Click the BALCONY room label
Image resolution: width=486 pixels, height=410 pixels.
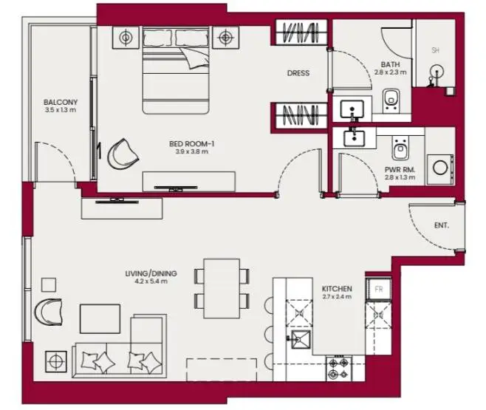click(x=61, y=102)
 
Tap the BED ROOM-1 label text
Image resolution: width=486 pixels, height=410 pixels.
click(x=192, y=144)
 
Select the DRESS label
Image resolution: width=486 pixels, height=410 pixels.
click(x=298, y=73)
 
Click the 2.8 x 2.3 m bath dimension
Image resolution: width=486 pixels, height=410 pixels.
click(x=390, y=72)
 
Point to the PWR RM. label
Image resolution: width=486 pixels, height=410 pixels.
click(x=400, y=169)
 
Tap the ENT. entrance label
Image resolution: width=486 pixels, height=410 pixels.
click(x=442, y=225)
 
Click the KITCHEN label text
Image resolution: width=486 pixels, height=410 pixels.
click(x=337, y=289)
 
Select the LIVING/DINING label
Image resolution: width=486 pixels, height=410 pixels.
click(x=151, y=273)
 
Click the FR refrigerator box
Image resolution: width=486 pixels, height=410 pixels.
click(x=378, y=289)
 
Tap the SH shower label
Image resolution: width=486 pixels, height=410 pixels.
click(x=436, y=50)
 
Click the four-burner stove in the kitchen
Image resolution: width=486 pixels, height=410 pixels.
click(x=338, y=368)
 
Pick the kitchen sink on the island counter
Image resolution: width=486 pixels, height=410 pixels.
click(x=300, y=339)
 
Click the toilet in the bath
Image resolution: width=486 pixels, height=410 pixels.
click(x=391, y=100)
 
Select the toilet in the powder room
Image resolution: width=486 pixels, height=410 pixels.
click(x=400, y=148)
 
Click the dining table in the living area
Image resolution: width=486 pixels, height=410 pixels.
click(x=222, y=289)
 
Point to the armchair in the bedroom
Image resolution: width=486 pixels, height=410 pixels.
click(x=123, y=154)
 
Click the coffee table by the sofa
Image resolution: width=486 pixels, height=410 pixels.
click(x=100, y=318)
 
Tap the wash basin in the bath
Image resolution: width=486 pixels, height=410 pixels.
click(x=352, y=109)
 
